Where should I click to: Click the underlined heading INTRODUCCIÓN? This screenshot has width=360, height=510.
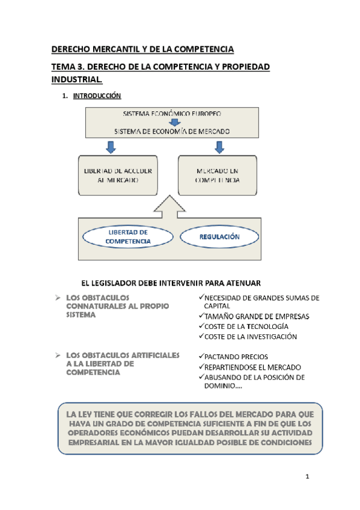pyautogui.click(x=97, y=96)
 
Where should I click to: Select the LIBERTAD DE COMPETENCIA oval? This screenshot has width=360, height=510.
pyautogui.click(x=127, y=236)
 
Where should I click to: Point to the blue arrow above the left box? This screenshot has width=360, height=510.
pyautogui.click(x=110, y=147)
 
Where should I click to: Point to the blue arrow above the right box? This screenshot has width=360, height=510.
pyautogui.click(x=219, y=147)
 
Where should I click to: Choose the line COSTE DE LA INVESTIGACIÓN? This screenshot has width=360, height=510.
pyautogui.click(x=250, y=337)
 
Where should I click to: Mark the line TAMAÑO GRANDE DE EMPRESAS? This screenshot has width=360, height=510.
pyautogui.click(x=256, y=316)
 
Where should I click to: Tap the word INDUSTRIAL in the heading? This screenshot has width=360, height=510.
pyautogui.click(x=76, y=79)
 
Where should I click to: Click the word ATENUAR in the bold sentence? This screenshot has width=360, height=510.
pyautogui.click(x=261, y=282)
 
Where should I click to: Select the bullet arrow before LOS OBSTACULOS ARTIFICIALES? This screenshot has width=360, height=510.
pyautogui.click(x=56, y=355)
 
